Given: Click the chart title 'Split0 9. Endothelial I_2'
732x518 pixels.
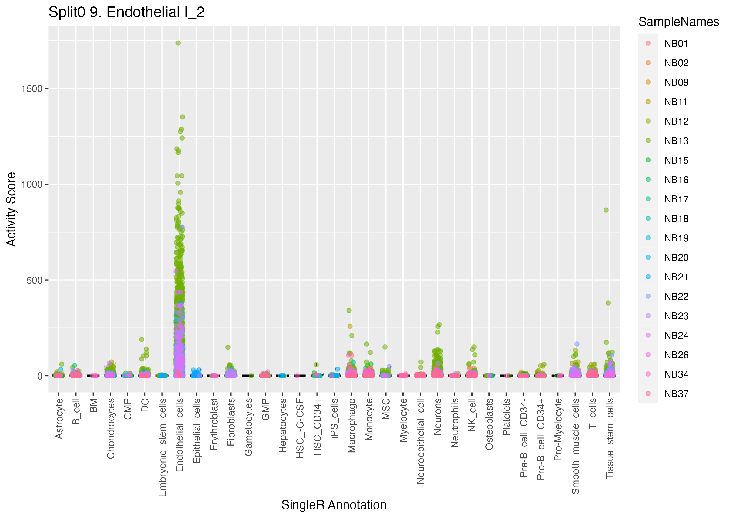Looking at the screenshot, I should [126, 12].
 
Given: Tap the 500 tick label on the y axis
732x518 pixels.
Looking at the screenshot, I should [34, 280].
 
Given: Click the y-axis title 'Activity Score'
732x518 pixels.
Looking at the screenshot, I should [11, 209].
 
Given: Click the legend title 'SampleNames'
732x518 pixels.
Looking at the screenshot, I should [678, 22].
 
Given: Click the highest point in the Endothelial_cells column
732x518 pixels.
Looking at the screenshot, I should [178, 43].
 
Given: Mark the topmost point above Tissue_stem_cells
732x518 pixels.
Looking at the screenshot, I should [606, 210].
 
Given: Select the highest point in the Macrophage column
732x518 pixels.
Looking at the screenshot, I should [349, 310].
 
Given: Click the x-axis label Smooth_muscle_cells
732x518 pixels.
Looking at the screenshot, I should [575, 446].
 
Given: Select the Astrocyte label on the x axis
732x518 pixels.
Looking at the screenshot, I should [59, 419].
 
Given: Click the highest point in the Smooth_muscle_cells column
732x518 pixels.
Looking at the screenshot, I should [577, 344].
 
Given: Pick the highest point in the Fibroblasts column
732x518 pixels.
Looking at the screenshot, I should [228, 347].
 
